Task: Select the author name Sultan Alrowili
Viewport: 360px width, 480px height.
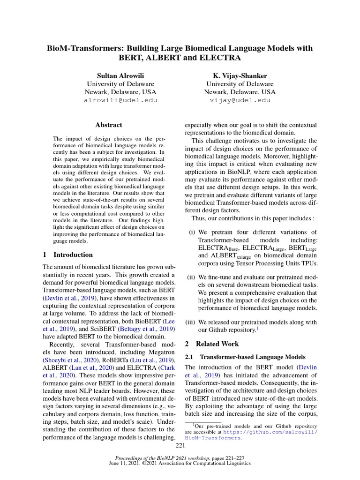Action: pyautogui.click(x=120, y=75)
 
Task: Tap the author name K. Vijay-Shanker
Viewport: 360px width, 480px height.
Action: pyautogui.click(x=240, y=75)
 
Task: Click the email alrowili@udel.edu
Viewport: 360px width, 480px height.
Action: pyautogui.click(x=120, y=100)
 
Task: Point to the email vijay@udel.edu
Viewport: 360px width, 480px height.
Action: pyautogui.click(x=240, y=100)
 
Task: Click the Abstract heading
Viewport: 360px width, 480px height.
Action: pyautogui.click(x=108, y=125)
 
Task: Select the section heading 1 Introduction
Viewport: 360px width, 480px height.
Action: pyautogui.click(x=67, y=255)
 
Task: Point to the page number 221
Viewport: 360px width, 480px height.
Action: pyautogui.click(x=180, y=445)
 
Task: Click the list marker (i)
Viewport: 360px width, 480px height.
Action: pyautogui.click(x=192, y=232)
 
